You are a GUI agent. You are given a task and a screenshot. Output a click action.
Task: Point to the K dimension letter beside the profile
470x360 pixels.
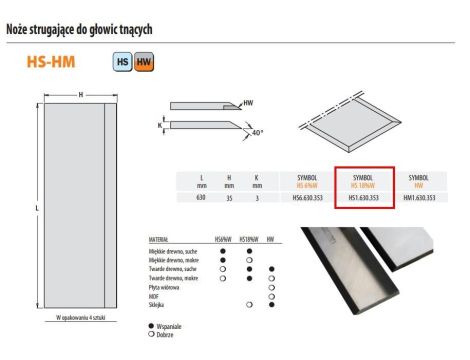tap(161, 126)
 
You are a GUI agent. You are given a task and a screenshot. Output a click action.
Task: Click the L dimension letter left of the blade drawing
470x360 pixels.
tap(36, 208)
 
